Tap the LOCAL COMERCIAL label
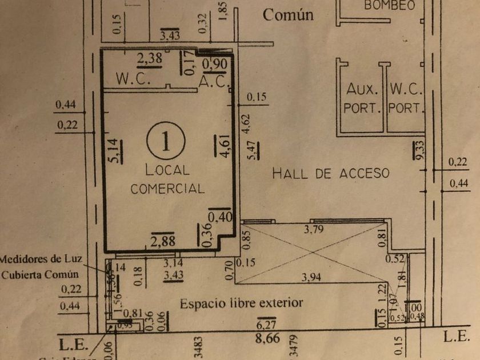coord(167,179)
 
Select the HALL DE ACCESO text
coord(330,173)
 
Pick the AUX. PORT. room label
coord(363,98)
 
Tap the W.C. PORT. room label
coord(406,98)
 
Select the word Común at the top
coord(288,15)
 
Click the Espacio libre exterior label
coord(241,303)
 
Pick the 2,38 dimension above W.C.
coord(150,58)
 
